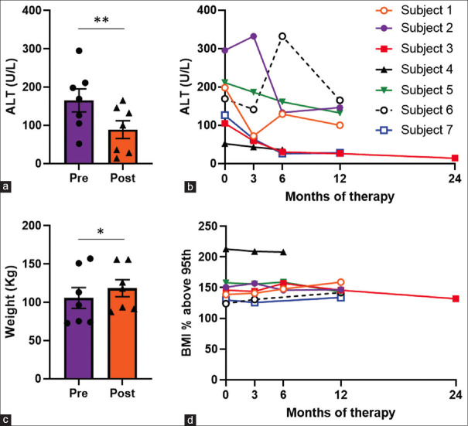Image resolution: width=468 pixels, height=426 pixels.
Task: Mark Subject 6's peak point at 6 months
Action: point(283,36)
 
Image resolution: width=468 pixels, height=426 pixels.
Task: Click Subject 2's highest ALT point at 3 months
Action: point(254,36)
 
